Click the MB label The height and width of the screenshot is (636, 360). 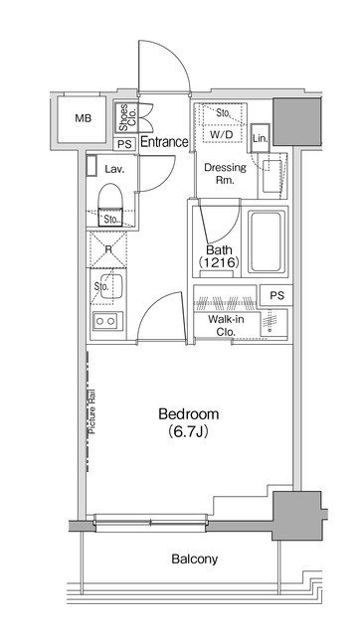[84, 118]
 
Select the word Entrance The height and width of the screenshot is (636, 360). [164, 142]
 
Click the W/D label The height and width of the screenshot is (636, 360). [222, 135]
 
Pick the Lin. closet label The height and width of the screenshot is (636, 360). [261, 138]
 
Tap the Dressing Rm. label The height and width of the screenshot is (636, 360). [225, 174]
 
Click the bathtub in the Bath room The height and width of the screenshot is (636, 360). [266, 241]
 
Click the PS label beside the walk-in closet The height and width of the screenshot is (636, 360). [276, 296]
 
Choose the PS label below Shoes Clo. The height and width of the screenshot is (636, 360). [125, 145]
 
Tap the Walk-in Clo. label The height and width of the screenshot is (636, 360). [226, 326]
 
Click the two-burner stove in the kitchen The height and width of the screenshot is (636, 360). [107, 321]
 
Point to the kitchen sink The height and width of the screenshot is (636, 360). [110, 287]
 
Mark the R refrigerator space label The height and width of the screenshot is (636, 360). [108, 249]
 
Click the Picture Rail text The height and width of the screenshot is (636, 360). [92, 411]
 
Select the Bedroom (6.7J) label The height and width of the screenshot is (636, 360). [188, 423]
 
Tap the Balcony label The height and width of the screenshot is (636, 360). [194, 559]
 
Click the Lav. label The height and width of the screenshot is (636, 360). [114, 169]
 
